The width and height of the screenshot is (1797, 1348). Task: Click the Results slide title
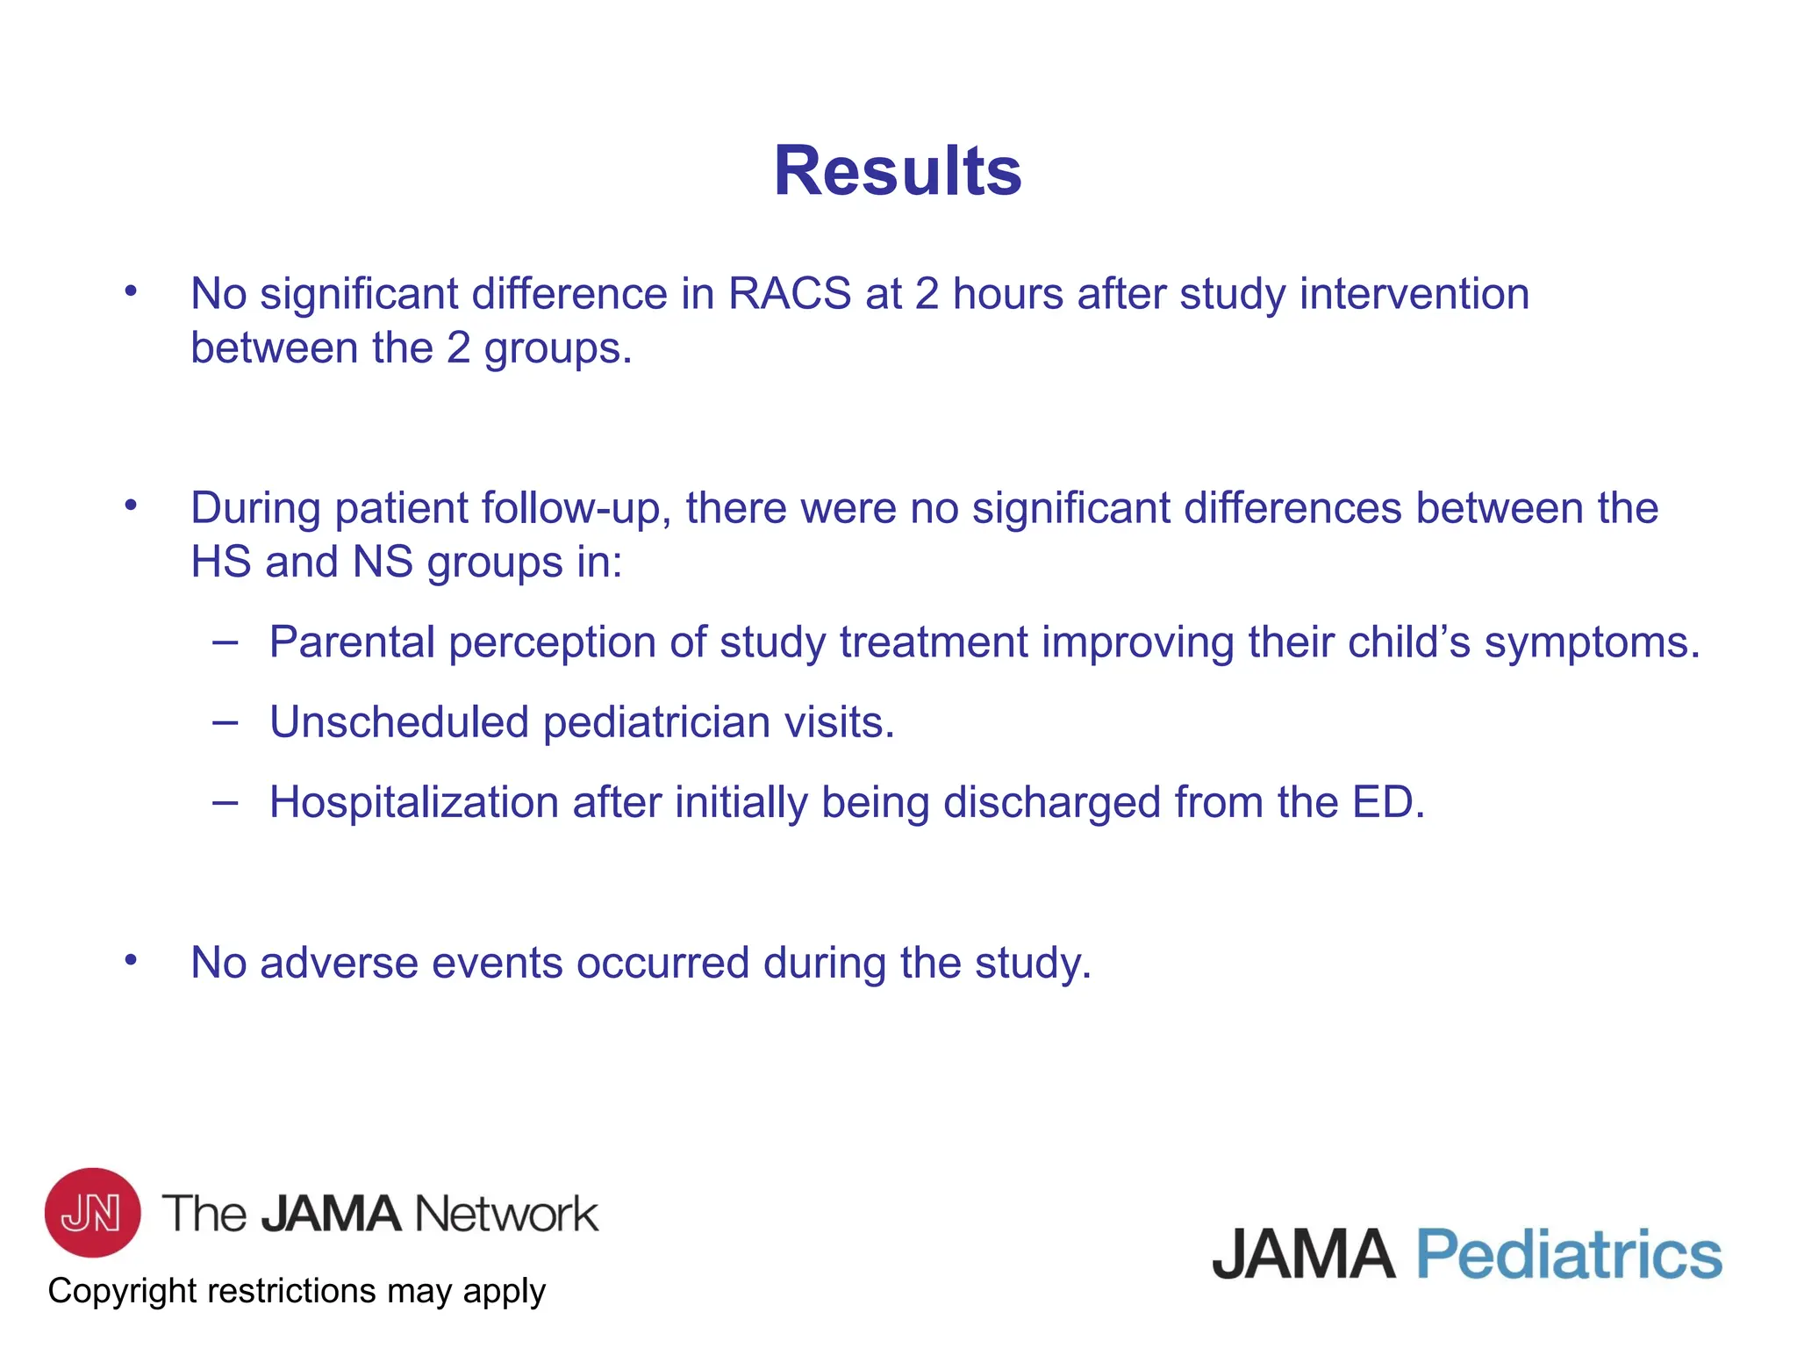897,171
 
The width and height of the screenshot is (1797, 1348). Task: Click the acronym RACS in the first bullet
789,294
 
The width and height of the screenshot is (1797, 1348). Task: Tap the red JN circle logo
92,1212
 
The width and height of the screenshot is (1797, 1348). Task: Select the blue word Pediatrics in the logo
1569,1254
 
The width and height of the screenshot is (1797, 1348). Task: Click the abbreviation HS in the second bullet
220,563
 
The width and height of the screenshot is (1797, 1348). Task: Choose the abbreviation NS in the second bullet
382,563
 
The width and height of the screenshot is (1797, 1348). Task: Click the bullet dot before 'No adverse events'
131,960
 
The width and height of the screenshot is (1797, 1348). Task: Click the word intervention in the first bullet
1414,294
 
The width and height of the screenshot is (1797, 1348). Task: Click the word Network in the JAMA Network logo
505,1214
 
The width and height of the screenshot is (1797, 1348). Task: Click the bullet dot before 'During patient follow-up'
131,505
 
